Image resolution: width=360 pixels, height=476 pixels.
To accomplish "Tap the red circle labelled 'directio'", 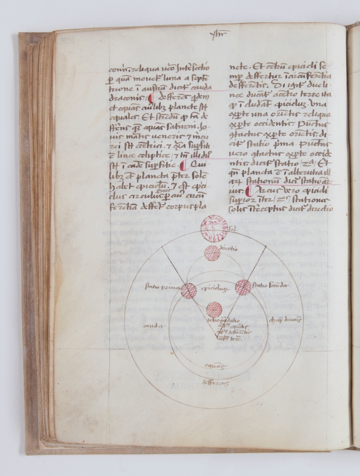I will pos(212,254).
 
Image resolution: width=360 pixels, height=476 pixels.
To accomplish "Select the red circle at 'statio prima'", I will pos(189,291).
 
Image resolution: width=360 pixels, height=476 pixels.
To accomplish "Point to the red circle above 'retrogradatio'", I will pos(215,310).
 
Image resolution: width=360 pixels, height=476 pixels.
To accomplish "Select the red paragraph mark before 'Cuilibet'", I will pos(182,165).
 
